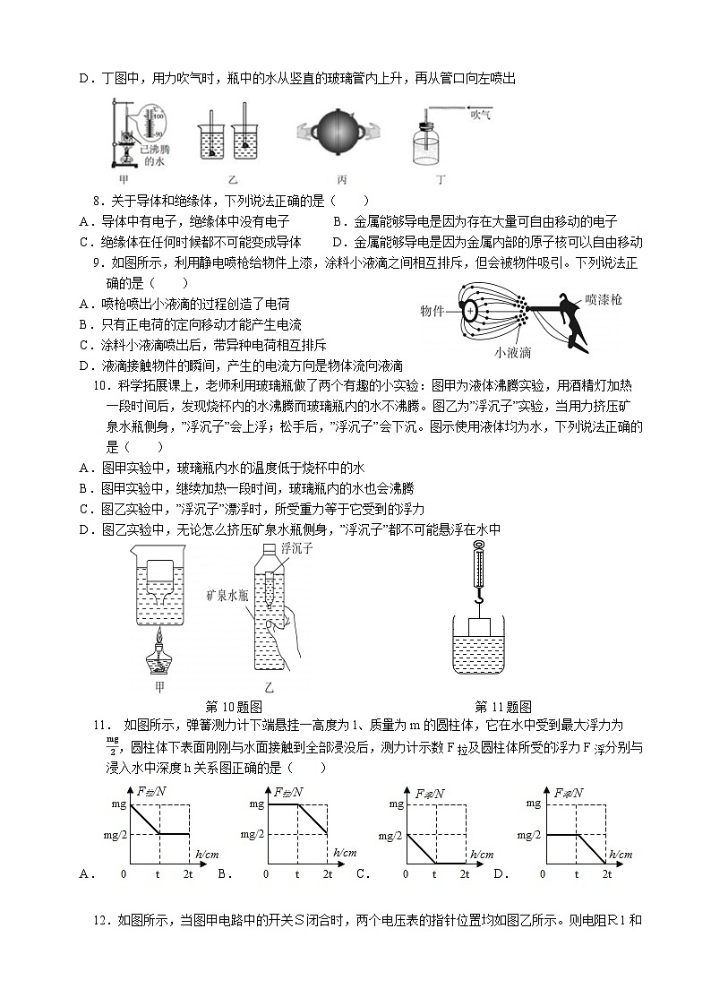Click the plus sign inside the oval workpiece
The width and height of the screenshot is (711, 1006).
[470, 311]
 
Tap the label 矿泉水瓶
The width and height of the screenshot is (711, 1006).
[226, 593]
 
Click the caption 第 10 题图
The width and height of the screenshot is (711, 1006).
[233, 706]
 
